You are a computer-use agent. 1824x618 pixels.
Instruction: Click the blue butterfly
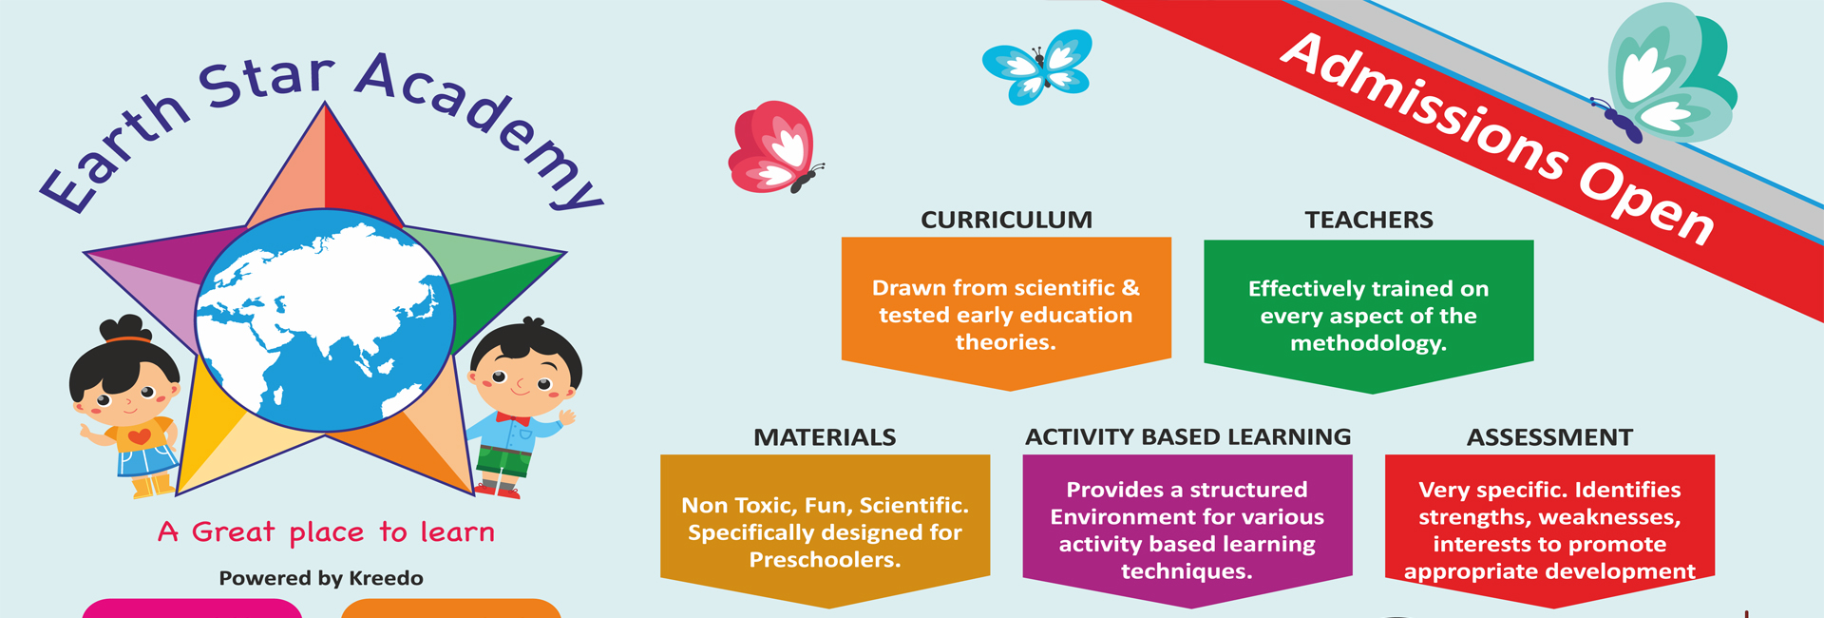coord(1037,66)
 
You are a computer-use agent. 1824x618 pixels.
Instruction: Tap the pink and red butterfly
coord(774,147)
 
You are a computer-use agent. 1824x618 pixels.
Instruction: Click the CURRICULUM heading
coord(1006,220)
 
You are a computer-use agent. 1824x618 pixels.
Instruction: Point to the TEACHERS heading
coord(1369,220)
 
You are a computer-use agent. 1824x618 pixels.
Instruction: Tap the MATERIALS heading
coord(825,437)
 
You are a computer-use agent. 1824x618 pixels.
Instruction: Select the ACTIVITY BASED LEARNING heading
coord(1187,436)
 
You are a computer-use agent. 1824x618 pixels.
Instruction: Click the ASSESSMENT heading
coord(1549,437)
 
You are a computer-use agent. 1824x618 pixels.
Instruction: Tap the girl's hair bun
coord(126,329)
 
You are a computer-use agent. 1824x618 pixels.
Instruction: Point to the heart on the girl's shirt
coord(139,437)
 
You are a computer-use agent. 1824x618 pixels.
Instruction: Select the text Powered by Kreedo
coord(321,578)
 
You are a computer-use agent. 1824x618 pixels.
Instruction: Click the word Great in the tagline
coord(233,532)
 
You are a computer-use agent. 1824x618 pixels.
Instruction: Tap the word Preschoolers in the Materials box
coord(825,560)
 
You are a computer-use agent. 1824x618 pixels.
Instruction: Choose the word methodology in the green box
coord(1368,343)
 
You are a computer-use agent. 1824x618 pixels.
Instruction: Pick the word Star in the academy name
coord(267,81)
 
